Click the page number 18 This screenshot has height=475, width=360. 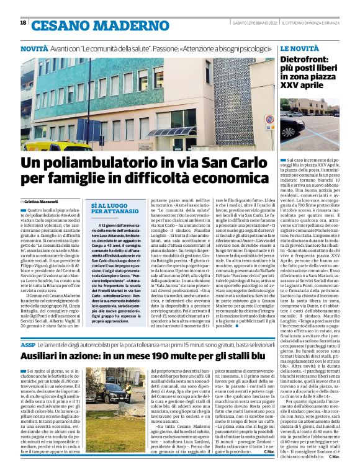click(x=23, y=23)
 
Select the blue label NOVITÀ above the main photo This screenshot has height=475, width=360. click(x=34, y=48)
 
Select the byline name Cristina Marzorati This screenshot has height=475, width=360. click(x=42, y=202)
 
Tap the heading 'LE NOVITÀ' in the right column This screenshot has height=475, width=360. click(x=299, y=48)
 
